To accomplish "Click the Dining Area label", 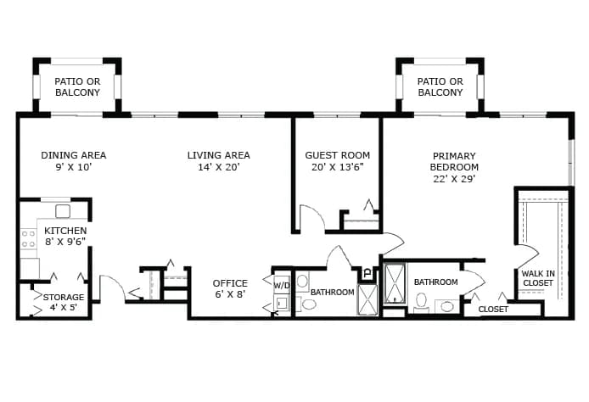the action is pyautogui.click(x=74, y=161).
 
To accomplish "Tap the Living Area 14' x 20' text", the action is pyautogui.click(x=219, y=161).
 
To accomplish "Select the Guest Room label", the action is pyautogui.click(x=337, y=161).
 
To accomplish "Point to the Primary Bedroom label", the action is pyautogui.click(x=454, y=167).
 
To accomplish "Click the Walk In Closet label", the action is pyautogui.click(x=538, y=278).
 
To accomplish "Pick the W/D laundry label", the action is pyautogui.click(x=282, y=286).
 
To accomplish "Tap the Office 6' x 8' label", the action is pyautogui.click(x=230, y=288).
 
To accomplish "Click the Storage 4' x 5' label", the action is pyautogui.click(x=64, y=302).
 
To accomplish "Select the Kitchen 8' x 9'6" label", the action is pyautogui.click(x=65, y=236).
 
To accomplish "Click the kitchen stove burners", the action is pyautogui.click(x=29, y=238).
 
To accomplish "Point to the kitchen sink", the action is pyautogui.click(x=63, y=211).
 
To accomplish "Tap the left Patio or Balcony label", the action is pyautogui.click(x=77, y=87).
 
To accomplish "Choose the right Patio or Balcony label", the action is pyautogui.click(x=440, y=87).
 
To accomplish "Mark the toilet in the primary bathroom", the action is pyautogui.click(x=421, y=302).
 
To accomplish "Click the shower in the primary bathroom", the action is pyautogui.click(x=395, y=283).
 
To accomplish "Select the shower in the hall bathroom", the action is pyautogui.click(x=367, y=299).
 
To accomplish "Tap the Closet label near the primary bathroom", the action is pyautogui.click(x=493, y=310).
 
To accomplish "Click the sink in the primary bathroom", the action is pyautogui.click(x=447, y=306).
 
